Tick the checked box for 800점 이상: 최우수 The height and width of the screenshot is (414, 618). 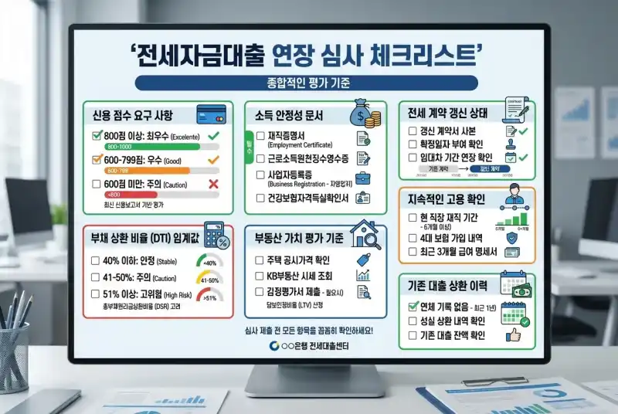(97, 135)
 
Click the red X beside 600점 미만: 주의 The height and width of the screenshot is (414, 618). (214, 184)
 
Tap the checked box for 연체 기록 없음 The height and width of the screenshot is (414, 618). (412, 305)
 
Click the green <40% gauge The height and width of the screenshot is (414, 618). (208, 261)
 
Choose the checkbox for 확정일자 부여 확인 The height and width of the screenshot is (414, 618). (412, 144)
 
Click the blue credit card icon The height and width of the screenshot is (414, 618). (210, 113)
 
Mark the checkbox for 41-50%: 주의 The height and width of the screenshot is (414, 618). (95, 277)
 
